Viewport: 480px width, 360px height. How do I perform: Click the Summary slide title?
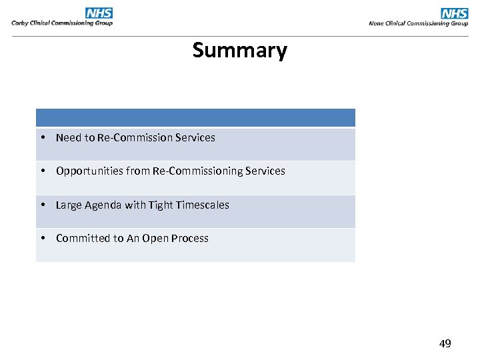pos(239,51)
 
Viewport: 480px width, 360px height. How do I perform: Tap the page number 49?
pos(445,344)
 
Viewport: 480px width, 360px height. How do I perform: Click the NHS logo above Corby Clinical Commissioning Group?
pos(99,13)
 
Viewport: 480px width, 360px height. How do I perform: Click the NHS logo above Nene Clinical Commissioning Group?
pos(455,13)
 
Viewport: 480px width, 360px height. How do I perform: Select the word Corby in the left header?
pos(21,23)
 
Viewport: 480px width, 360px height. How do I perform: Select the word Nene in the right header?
pos(377,23)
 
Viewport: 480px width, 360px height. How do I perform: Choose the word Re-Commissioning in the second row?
pos(197,171)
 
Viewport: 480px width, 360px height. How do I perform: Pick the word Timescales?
pos(202,205)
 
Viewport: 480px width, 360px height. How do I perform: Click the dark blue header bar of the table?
pos(195,118)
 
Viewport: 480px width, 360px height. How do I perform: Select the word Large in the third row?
pos(69,205)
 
